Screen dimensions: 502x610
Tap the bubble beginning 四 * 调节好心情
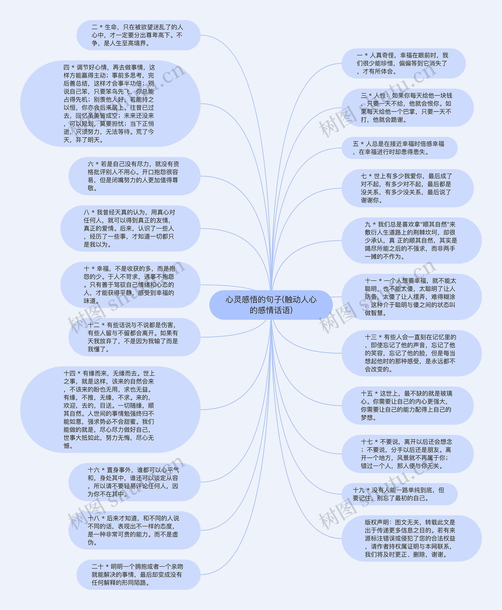(x=110, y=104)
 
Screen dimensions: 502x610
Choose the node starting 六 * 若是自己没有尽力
(x=134, y=176)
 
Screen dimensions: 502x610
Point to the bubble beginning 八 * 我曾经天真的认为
(x=130, y=228)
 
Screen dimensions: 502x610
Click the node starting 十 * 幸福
(x=130, y=285)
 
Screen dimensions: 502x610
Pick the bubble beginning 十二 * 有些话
(x=134, y=337)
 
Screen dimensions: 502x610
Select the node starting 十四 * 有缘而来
(x=110, y=409)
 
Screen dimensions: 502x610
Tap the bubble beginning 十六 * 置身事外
(x=134, y=482)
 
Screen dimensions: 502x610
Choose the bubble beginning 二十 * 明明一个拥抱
(x=138, y=575)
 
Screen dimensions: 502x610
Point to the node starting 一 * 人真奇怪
(x=403, y=63)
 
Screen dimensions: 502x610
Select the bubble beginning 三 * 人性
(x=407, y=107)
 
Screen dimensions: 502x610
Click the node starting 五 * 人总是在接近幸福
(x=399, y=148)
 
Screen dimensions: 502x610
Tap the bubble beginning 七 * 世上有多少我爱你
(x=407, y=188)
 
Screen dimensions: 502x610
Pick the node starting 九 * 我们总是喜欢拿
(x=411, y=241)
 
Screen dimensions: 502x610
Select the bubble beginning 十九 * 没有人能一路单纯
(x=399, y=494)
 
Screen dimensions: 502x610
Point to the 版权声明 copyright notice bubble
(x=411, y=538)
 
